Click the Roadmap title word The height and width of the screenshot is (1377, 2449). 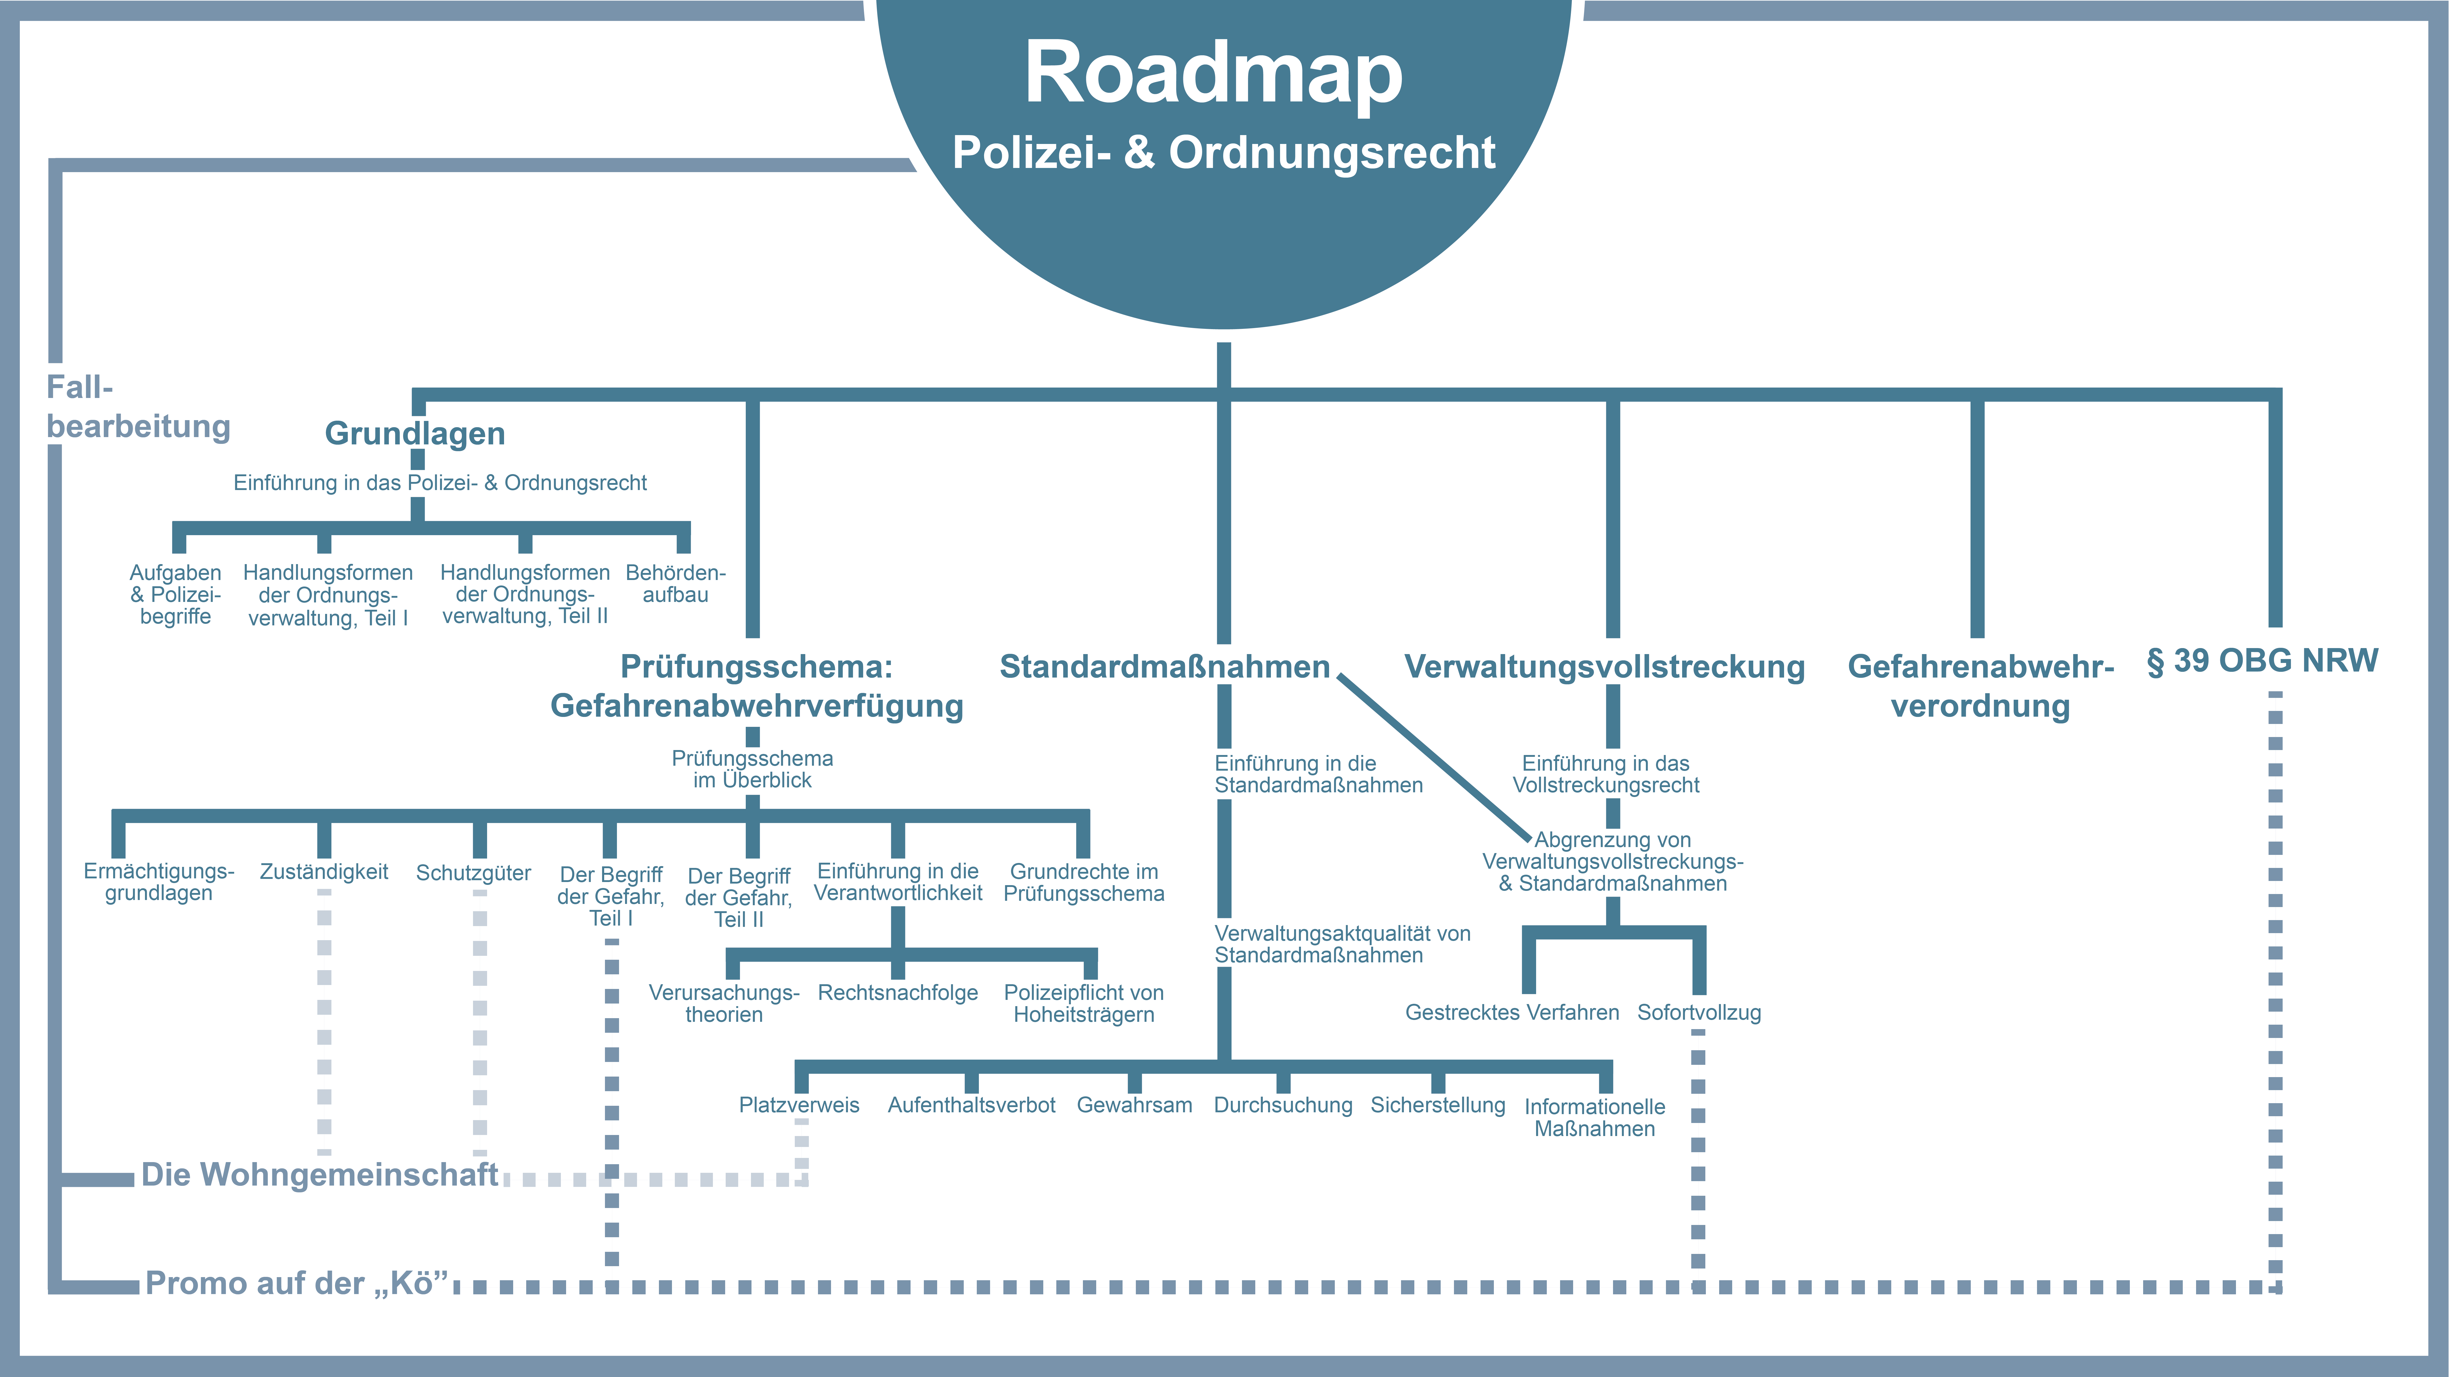[x=1213, y=74]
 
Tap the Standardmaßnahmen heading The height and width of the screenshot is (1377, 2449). [x=1165, y=667]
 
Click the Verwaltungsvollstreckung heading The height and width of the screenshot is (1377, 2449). [x=1605, y=667]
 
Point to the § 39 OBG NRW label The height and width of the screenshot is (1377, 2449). [x=2263, y=660]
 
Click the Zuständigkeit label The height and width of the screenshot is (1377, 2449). [x=324, y=872]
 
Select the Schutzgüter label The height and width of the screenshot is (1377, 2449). [x=474, y=873]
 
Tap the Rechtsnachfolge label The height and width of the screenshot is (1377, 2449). [x=898, y=993]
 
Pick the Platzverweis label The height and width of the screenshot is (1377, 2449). [x=799, y=1105]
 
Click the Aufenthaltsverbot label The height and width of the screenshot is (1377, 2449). [x=972, y=1105]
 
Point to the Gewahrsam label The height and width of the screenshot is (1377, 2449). [x=1134, y=1105]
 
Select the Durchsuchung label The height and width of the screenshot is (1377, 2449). [x=1283, y=1105]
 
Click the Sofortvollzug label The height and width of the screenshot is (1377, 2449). [x=1699, y=1013]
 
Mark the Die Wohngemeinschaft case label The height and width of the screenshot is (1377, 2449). [x=319, y=1175]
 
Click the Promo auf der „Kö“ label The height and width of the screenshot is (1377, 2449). [x=297, y=1284]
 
